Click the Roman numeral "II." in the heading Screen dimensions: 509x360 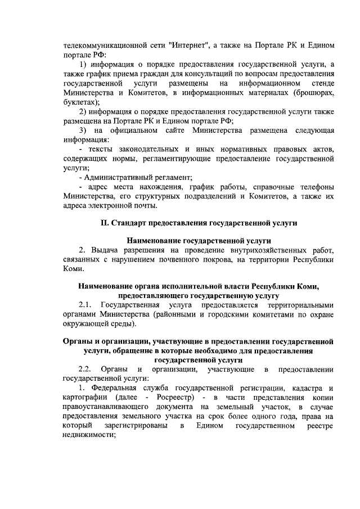(105, 223)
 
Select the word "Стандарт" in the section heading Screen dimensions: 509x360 (130, 223)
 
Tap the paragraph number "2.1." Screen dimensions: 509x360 (85, 305)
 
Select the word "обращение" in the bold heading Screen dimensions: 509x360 (130, 350)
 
